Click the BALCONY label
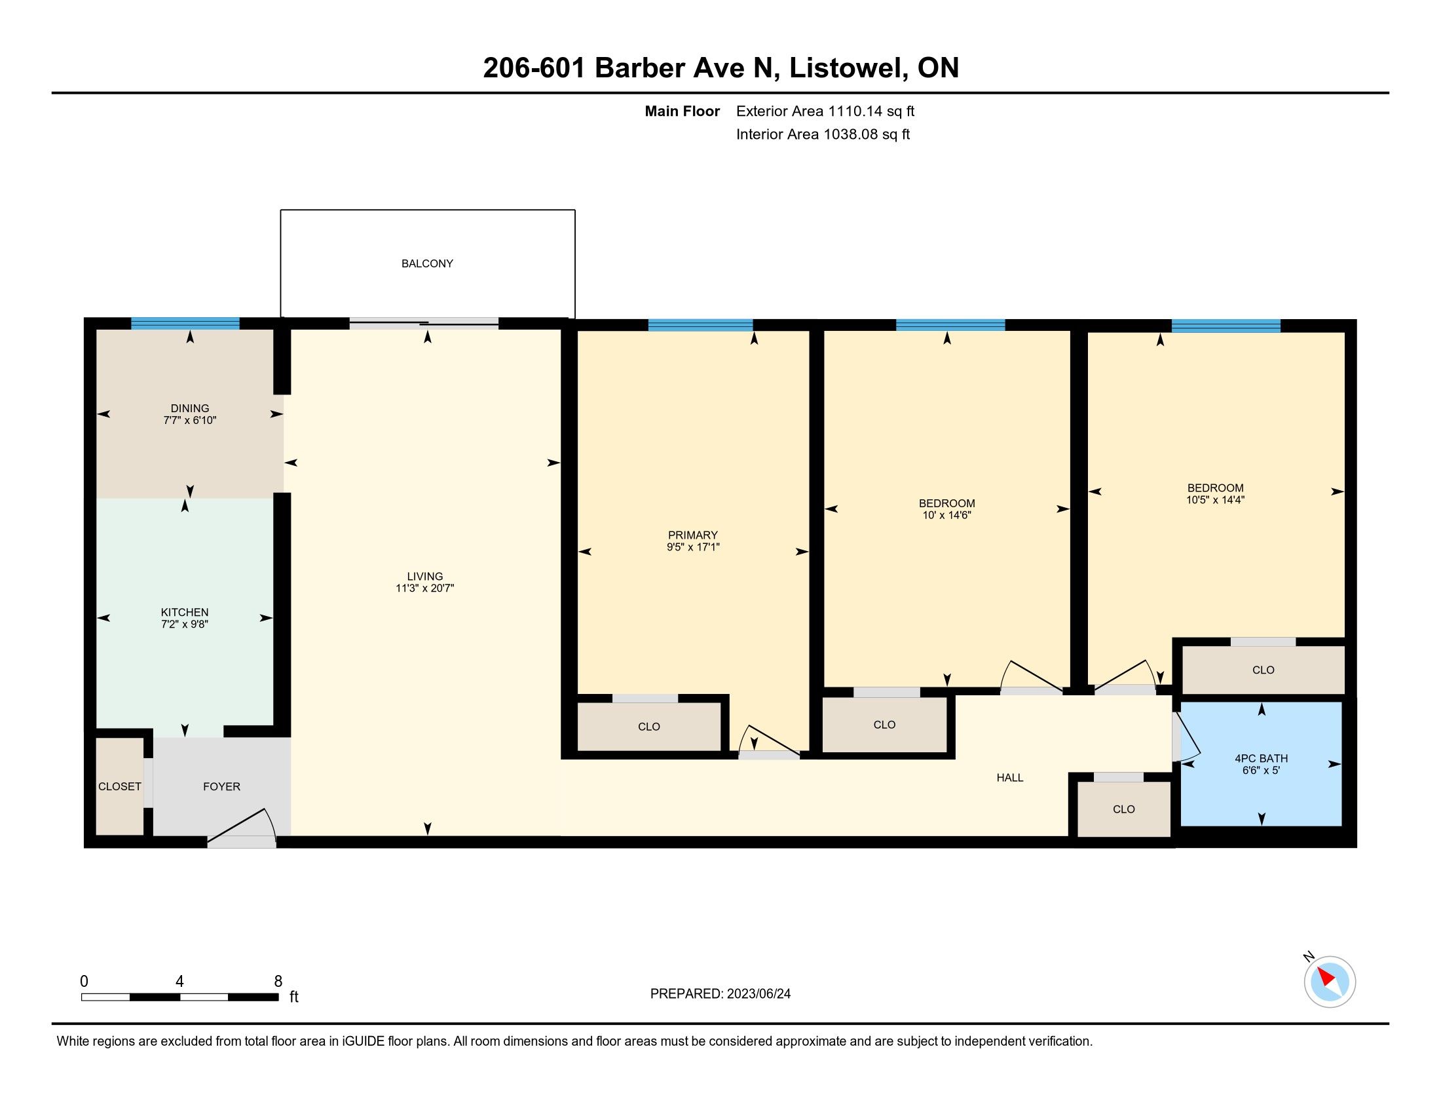click(427, 263)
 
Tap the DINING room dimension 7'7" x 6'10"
click(190, 420)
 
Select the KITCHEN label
click(185, 612)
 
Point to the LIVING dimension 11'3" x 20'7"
click(425, 588)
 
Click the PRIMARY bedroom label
click(693, 535)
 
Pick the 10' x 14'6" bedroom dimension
click(947, 515)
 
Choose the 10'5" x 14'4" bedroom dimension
click(1215, 499)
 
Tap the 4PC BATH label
click(1262, 758)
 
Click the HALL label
click(1010, 777)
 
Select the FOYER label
click(221, 786)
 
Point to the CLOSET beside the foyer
click(119, 786)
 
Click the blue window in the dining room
click(185, 323)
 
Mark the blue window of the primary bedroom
click(700, 324)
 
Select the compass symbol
click(1329, 982)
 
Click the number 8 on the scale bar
click(278, 981)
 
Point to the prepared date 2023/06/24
click(758, 993)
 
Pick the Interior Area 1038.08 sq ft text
click(823, 134)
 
